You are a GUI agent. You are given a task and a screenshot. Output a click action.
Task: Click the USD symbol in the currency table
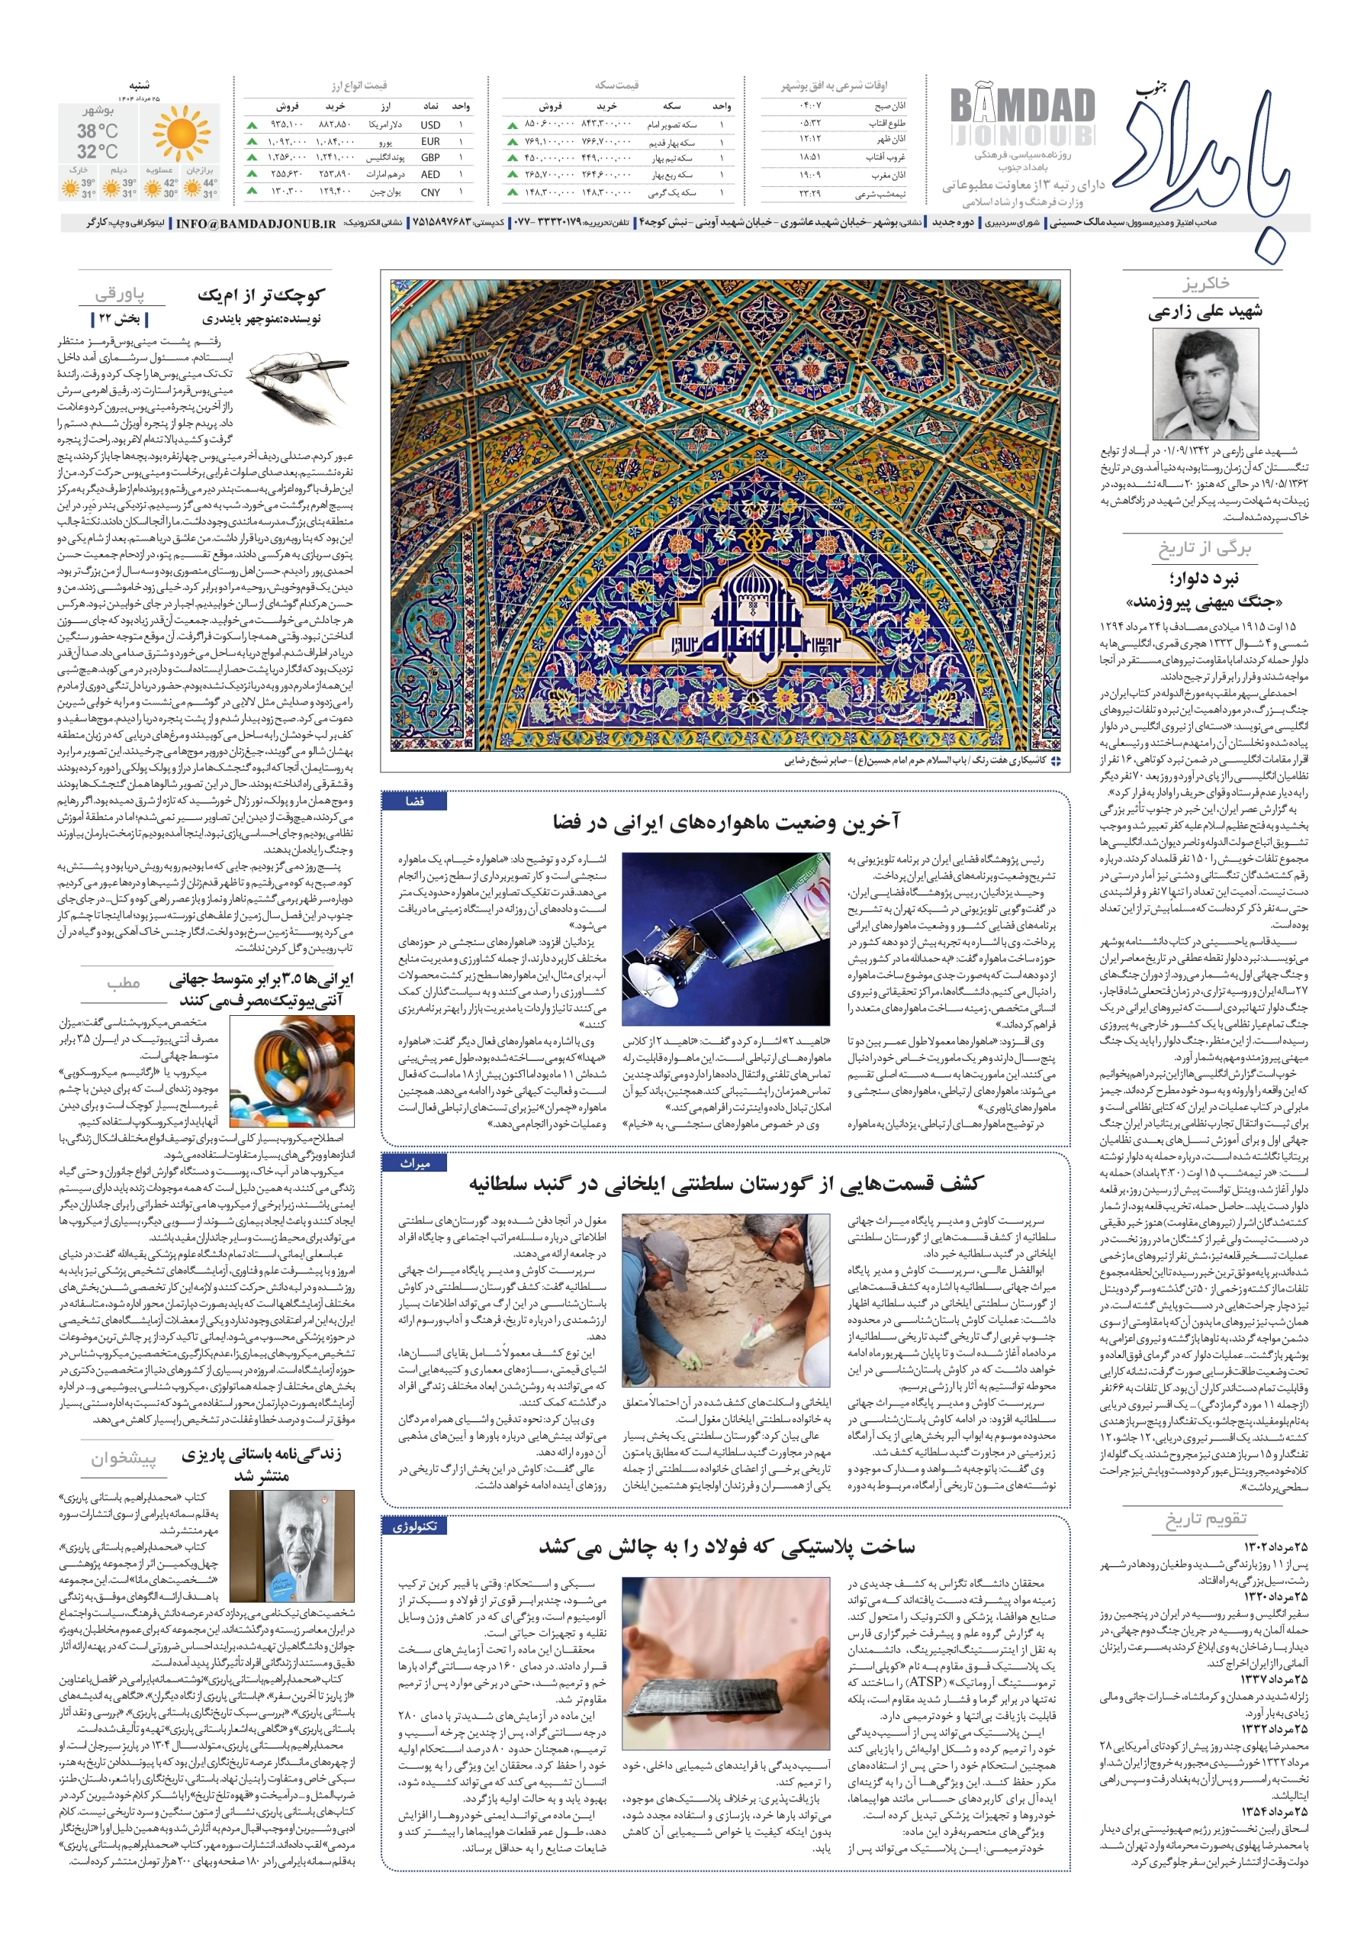[x=430, y=124]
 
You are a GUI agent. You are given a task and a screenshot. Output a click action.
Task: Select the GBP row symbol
[x=430, y=157]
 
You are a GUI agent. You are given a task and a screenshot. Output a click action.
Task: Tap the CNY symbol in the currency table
[x=430, y=192]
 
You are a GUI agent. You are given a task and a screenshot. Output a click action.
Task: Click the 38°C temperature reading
[x=98, y=131]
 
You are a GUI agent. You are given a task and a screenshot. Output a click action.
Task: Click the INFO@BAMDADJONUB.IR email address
[x=256, y=223]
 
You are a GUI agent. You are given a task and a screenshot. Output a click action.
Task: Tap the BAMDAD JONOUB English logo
[x=1021, y=118]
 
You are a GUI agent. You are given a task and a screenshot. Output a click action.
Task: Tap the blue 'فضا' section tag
[x=414, y=801]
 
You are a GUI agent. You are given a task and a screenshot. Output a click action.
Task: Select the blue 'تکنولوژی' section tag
[x=414, y=1526]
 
